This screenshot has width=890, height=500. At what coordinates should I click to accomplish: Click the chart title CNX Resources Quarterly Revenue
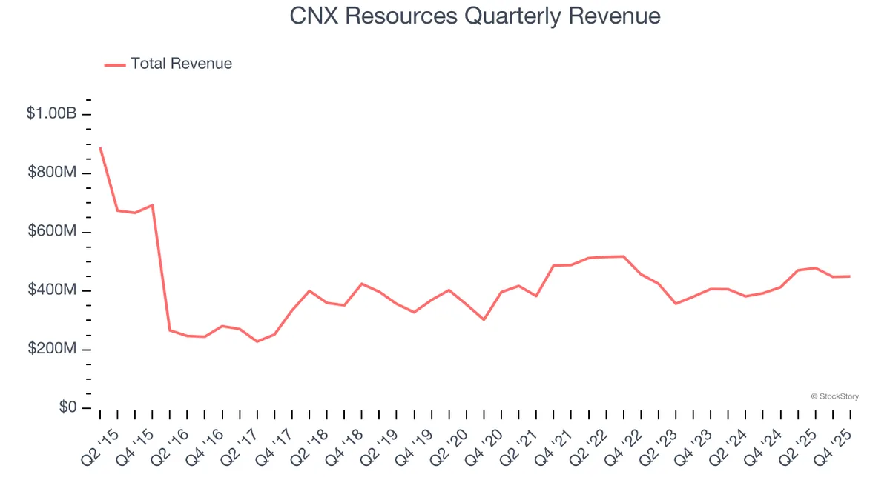coord(475,16)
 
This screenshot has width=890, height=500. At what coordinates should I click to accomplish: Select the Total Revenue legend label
coord(181,64)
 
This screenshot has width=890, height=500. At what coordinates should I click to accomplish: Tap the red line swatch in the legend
coord(115,64)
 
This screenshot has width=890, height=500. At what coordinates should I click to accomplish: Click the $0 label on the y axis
coord(67,408)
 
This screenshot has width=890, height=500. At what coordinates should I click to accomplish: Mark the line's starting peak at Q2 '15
coord(100,147)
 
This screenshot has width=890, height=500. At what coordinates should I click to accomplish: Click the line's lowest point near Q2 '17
coord(257,341)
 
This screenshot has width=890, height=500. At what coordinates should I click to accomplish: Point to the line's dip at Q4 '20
coord(484,319)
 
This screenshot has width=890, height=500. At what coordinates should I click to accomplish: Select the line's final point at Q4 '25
coord(850,276)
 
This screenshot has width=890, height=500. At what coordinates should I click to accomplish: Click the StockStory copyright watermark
coord(835,397)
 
